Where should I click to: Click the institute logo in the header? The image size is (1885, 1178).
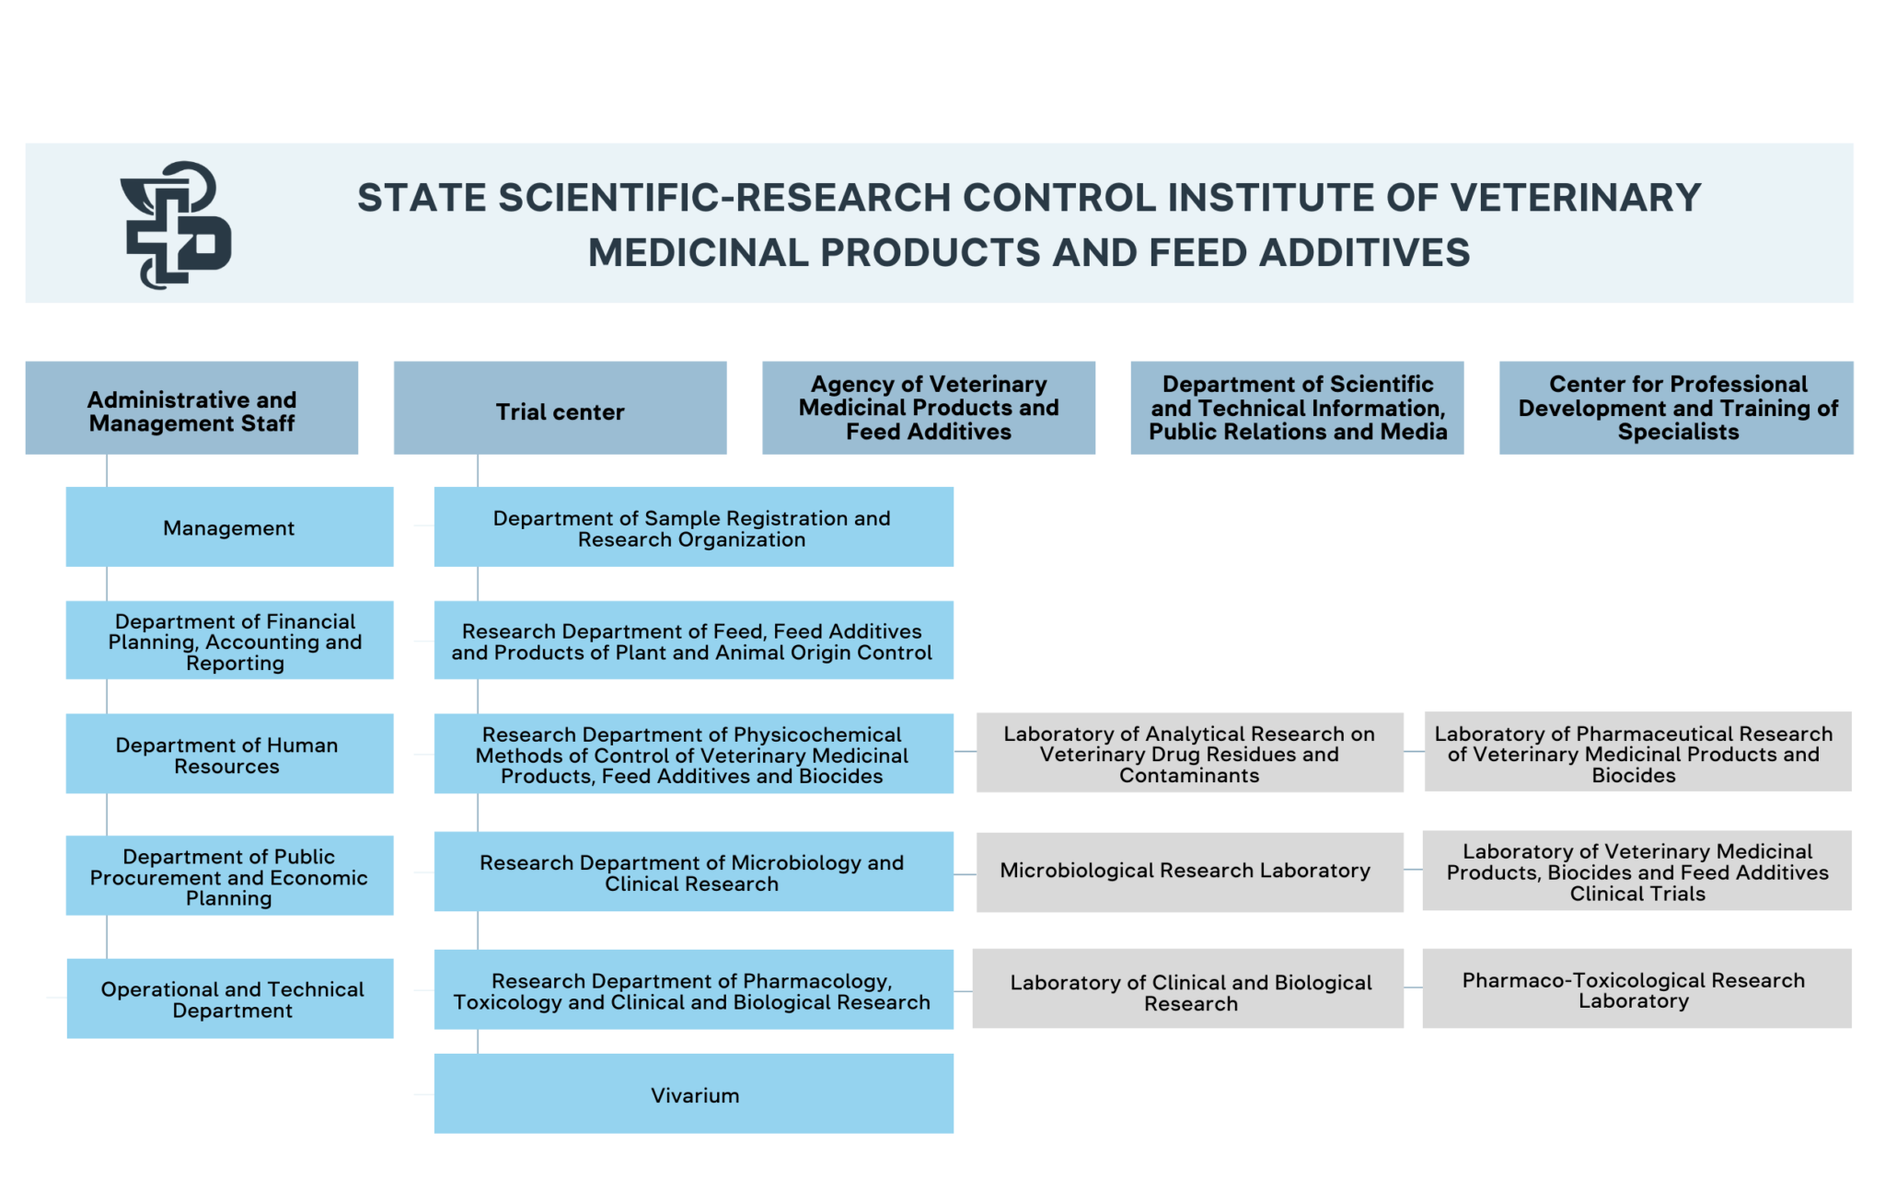(175, 225)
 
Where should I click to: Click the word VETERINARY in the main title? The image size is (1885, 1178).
(1575, 198)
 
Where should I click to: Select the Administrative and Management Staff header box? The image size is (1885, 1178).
(191, 408)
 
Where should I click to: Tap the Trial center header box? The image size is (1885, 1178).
(560, 408)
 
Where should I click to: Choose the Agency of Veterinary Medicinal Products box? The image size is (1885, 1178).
(928, 408)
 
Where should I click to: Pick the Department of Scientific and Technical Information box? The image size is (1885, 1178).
(1297, 408)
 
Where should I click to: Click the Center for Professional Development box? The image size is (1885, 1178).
(1676, 408)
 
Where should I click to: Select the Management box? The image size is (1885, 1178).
(229, 526)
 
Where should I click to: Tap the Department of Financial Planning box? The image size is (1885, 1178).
(229, 641)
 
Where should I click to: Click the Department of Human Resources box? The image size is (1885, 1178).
(229, 754)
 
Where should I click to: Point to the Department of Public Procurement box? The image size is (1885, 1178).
(229, 875)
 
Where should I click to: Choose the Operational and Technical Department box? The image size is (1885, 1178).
(230, 999)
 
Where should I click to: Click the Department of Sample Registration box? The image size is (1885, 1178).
(693, 526)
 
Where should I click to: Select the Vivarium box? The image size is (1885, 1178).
(693, 1093)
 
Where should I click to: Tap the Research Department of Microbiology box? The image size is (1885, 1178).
(693, 872)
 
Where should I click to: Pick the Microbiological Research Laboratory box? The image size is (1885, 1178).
(1189, 872)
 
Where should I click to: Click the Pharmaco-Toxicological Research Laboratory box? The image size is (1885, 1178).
(1636, 988)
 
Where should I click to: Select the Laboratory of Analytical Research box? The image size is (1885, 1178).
(1189, 752)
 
